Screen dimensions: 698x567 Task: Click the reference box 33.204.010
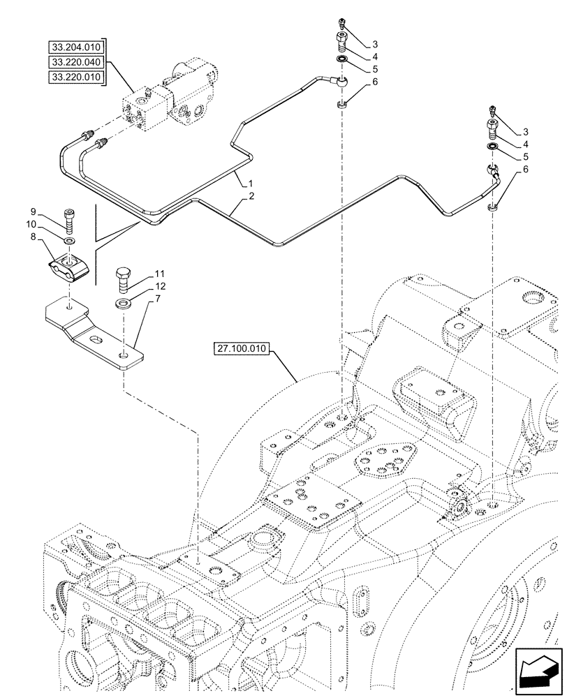(75, 48)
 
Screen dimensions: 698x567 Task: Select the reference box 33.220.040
(75, 62)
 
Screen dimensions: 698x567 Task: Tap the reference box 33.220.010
(75, 77)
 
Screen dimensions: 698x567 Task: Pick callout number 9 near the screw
(33, 211)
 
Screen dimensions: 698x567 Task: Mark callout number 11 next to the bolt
(159, 273)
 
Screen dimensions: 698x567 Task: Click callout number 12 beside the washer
(159, 287)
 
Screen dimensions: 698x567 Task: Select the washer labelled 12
(124, 303)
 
